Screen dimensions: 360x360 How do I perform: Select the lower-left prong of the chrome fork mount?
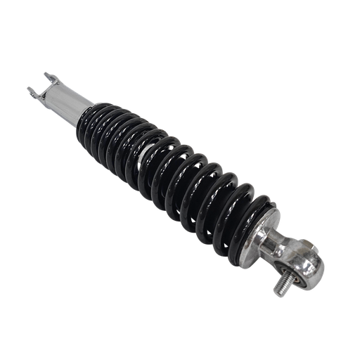click(x=32, y=90)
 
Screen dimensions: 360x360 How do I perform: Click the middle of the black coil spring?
click(x=176, y=162)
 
